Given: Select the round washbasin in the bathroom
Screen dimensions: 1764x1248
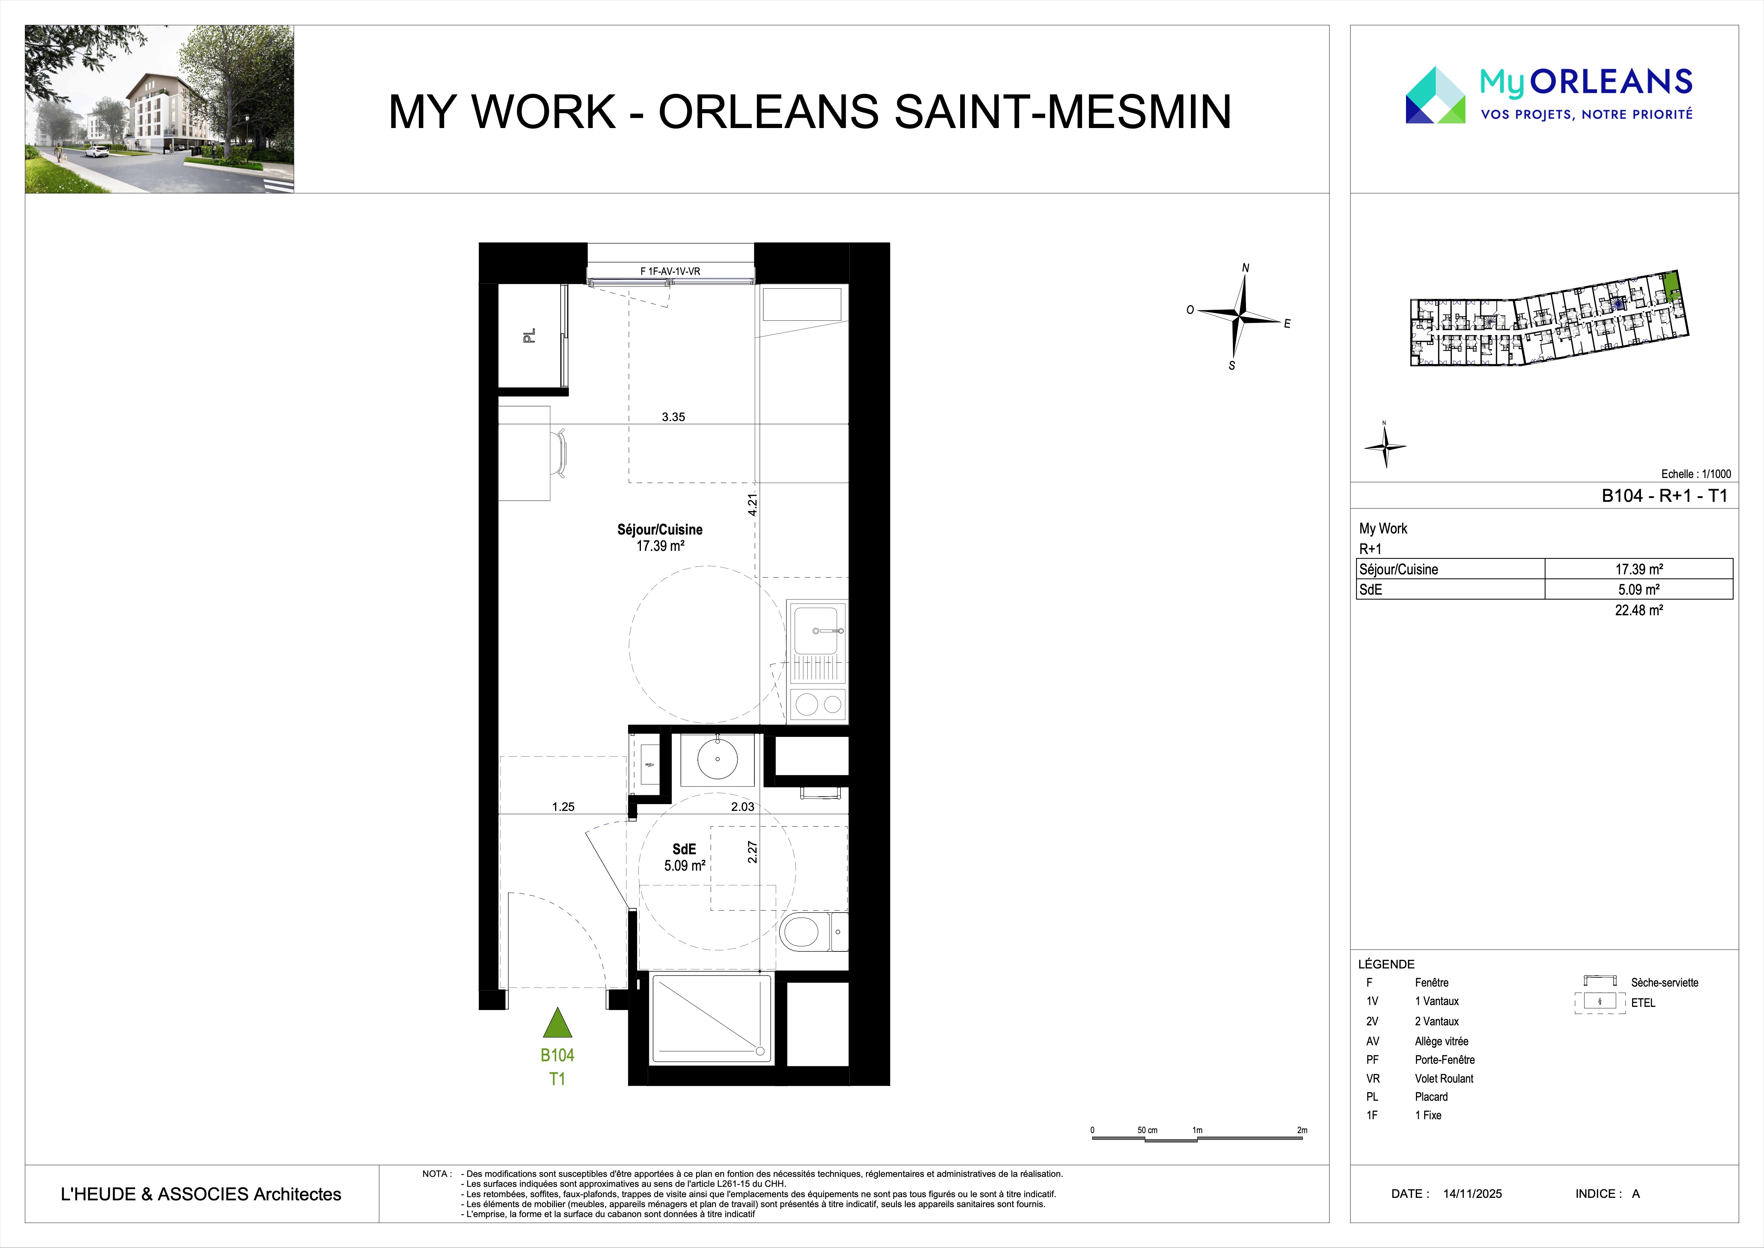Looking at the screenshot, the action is point(718,759).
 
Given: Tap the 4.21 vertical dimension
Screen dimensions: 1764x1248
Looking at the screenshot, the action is point(753,504).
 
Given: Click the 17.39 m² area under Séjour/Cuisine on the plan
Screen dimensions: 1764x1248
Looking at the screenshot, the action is point(660,546).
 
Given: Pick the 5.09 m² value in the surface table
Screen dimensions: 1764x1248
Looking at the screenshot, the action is point(1639,589).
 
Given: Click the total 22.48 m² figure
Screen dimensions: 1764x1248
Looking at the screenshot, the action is point(1639,610).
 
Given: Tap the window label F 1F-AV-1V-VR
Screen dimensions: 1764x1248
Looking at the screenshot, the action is point(670,271).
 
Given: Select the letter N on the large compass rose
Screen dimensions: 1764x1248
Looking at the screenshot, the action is point(1245,267).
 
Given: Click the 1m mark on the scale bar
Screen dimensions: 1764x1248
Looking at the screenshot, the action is point(1197,1130).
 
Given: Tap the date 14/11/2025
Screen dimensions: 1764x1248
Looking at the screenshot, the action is point(1472,1194).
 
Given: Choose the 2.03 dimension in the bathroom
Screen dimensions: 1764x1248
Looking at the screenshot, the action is point(742,807).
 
